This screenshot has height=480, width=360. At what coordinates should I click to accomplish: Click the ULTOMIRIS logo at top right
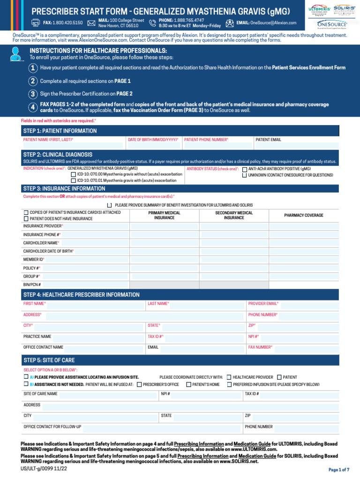click(x=319, y=11)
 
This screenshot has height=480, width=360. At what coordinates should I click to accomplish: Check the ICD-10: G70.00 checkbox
click(x=74, y=174)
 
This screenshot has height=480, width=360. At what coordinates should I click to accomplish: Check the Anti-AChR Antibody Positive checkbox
click(x=245, y=169)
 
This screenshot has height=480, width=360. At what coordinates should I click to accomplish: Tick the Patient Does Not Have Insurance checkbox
click(x=26, y=219)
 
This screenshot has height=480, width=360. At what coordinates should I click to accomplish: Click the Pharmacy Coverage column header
click(x=303, y=215)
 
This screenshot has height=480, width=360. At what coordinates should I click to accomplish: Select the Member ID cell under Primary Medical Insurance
click(x=161, y=259)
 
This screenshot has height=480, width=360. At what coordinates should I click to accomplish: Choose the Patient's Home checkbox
click(x=188, y=384)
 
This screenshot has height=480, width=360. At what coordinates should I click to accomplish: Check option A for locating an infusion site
click(x=26, y=377)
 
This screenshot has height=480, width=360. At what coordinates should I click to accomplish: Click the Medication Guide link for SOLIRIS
click(x=257, y=456)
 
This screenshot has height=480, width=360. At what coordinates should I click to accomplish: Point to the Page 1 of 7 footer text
click(x=339, y=470)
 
